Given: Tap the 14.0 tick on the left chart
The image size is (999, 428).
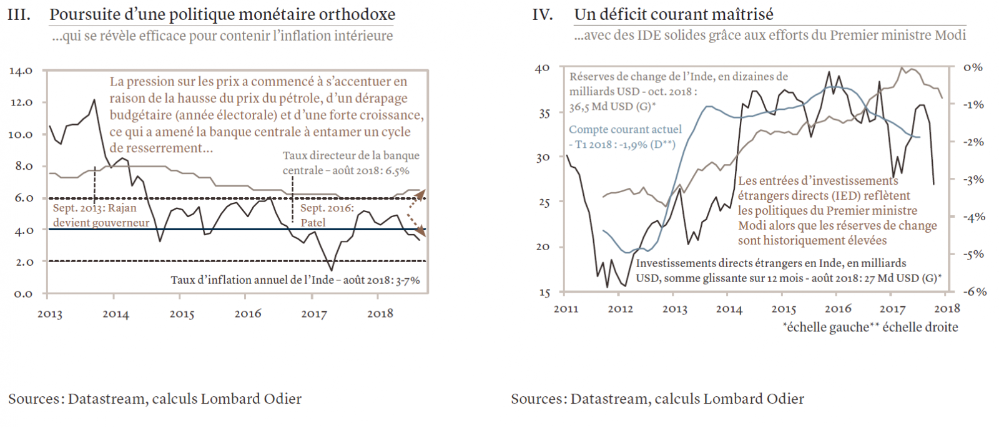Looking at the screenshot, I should (21, 71).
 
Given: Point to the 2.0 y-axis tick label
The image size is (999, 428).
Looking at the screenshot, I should (23, 262).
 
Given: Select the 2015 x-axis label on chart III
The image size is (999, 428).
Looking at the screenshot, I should (182, 314).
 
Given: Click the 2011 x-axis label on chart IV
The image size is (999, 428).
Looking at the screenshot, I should (566, 309).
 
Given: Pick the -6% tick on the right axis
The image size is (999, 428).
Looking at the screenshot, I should (974, 291).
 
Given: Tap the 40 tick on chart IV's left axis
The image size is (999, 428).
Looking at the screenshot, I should (543, 68).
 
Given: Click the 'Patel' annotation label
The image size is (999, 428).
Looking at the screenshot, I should (313, 222).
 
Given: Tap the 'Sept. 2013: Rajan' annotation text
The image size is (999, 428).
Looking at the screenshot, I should (94, 208).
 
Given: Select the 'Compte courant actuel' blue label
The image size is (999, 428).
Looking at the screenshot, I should (625, 130).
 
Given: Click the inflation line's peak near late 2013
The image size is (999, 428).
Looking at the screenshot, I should (94, 100).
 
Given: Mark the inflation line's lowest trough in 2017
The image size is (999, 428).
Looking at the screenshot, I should (331, 270).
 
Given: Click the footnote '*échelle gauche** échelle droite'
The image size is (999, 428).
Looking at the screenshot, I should (870, 327).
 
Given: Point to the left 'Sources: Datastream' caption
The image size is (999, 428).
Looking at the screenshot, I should (154, 399).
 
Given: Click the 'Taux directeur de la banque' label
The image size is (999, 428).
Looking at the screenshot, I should (351, 155).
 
